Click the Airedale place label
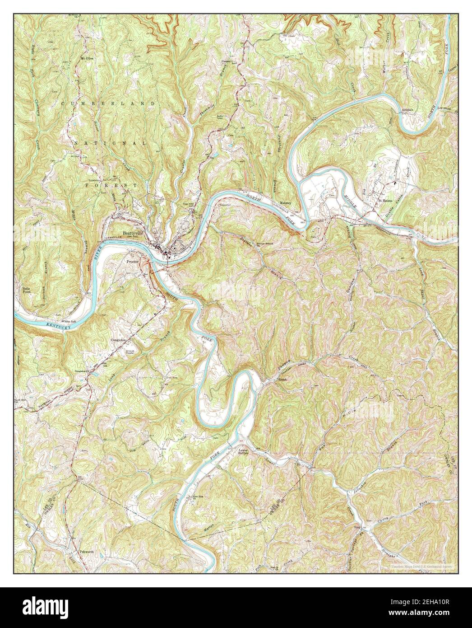404,110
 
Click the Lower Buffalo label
244,453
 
